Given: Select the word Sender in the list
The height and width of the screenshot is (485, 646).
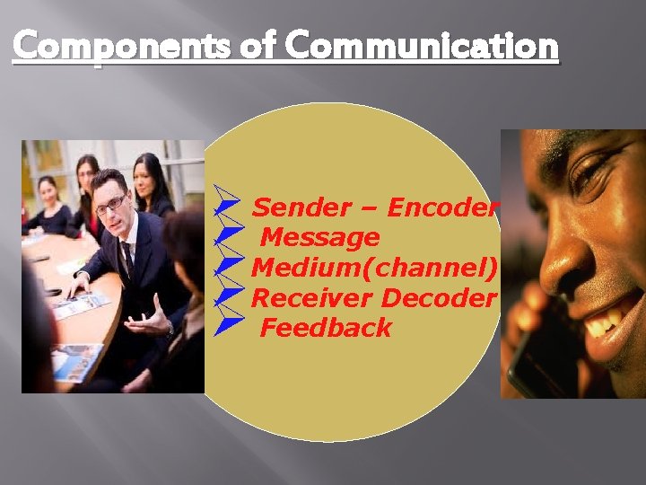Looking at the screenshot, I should coord(301,208).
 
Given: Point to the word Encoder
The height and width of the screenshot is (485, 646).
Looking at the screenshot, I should coord(441,208).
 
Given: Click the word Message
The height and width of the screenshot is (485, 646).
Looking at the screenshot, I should coord(319,238).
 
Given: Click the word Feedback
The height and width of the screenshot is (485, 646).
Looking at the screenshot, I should coord(326,328).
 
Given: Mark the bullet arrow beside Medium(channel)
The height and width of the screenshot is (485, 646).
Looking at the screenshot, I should coord(230,264).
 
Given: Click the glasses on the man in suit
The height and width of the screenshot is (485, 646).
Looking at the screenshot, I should coord(111,204).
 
